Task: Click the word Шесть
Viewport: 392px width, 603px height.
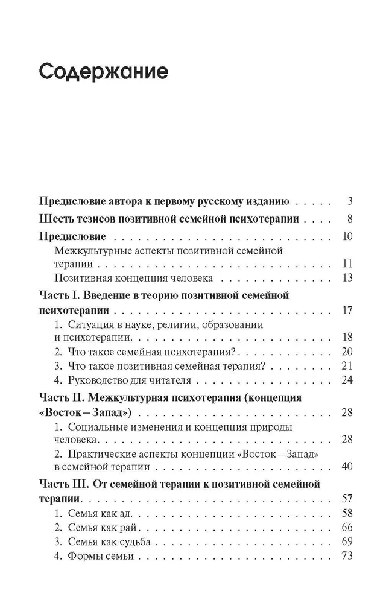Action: [x=58, y=219]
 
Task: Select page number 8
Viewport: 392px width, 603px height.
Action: [x=349, y=219]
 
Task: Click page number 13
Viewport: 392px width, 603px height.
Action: [x=346, y=278]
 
